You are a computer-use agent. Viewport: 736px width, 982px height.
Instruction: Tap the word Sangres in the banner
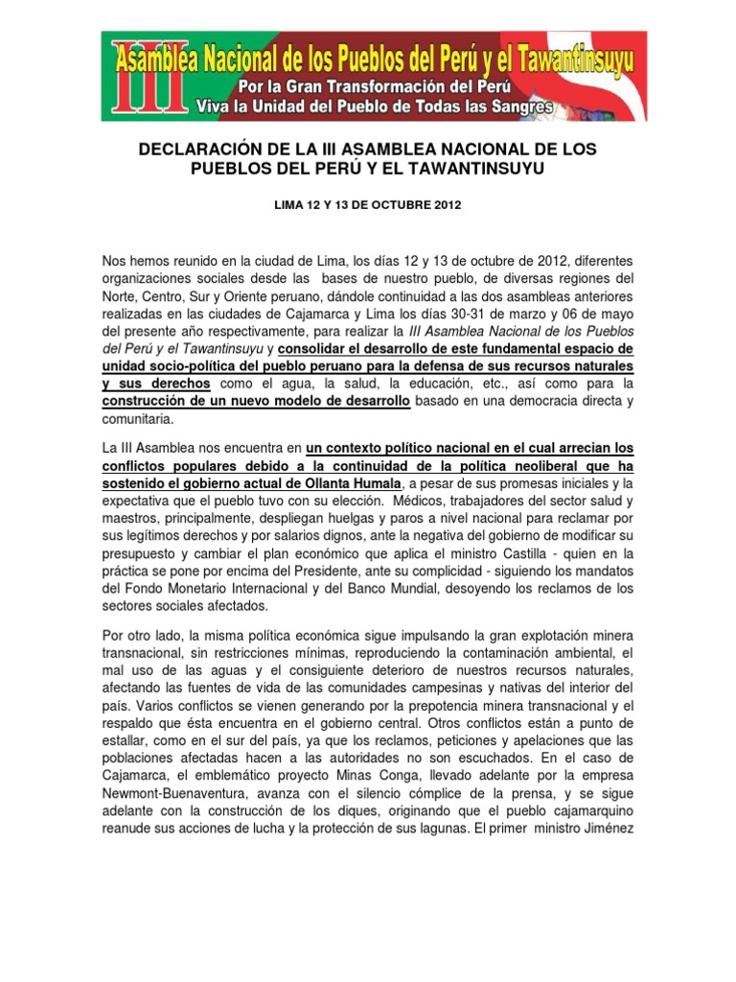coord(521,107)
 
